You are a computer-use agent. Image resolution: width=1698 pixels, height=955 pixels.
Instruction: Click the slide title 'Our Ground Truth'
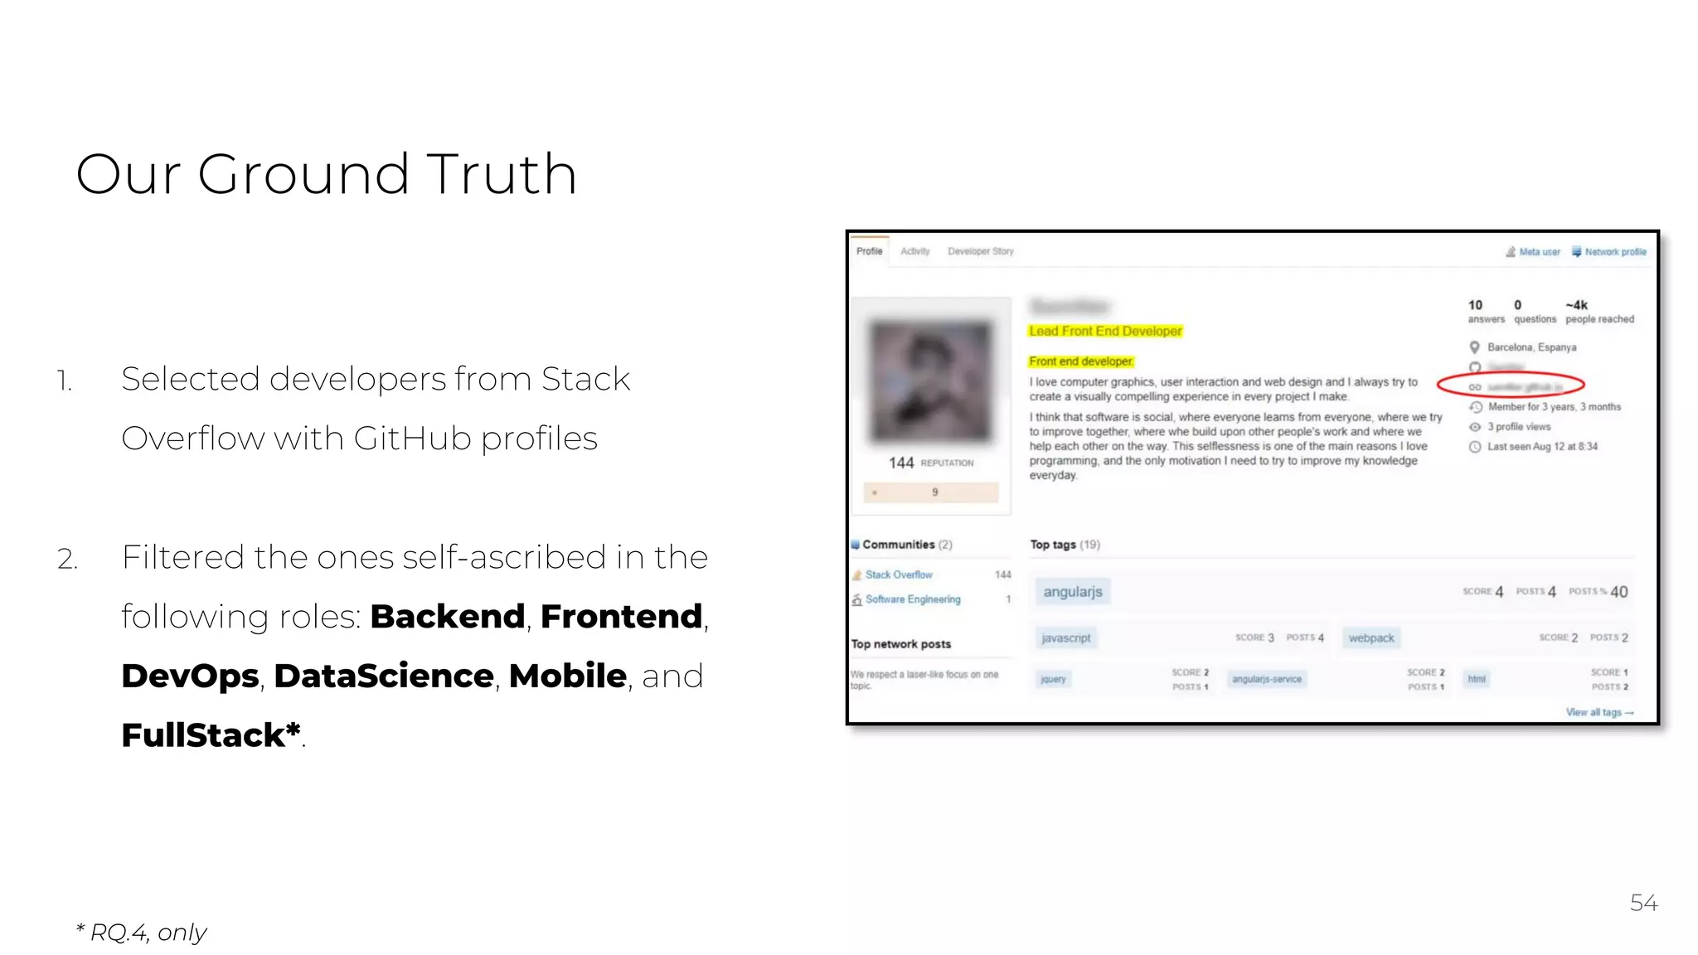pos(326,174)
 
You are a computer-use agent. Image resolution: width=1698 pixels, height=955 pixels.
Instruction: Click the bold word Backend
pos(447,617)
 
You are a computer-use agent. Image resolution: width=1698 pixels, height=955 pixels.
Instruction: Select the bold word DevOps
pos(190,676)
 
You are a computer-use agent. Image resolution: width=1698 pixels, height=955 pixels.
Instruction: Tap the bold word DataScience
pos(384,676)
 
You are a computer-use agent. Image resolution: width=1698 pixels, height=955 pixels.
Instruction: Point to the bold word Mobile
pos(567,676)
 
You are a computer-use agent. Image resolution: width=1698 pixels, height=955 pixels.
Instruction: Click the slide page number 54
pos(1642,903)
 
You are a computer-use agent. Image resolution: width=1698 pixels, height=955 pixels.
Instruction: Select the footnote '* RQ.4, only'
pos(141,933)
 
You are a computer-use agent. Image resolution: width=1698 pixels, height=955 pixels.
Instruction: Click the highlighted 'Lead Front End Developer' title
pos(1105,331)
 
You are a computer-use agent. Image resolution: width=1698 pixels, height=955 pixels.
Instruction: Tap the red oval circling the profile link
pos(1511,385)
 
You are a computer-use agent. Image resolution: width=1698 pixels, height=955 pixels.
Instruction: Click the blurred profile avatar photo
pos(930,381)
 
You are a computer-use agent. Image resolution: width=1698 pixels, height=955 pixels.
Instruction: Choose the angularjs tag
pos(1073,592)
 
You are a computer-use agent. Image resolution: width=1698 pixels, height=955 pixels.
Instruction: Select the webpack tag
pos(1371,638)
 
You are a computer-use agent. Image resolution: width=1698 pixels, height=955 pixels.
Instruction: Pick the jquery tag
pos(1053,680)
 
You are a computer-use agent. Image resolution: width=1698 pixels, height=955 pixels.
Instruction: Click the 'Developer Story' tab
pos(980,251)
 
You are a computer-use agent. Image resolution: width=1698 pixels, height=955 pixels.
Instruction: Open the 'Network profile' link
pos(1614,252)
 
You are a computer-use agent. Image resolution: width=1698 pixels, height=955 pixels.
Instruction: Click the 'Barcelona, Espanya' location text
pos(1531,347)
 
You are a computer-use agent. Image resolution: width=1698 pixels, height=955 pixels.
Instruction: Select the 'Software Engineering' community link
pos(913,599)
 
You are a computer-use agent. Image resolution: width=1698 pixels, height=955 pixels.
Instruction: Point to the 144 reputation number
pos(901,463)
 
